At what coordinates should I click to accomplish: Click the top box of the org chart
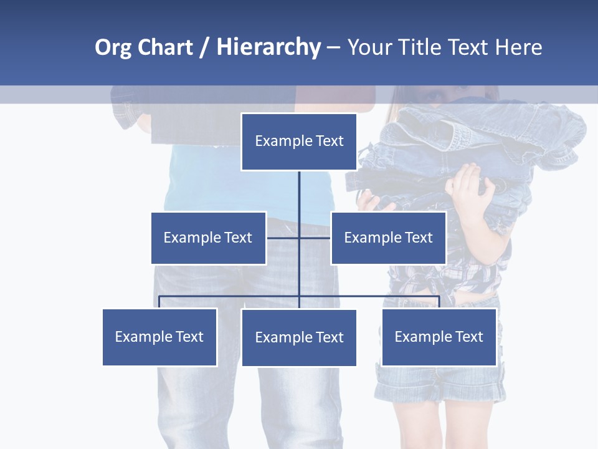tap(299, 142)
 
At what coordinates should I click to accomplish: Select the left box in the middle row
tap(208, 238)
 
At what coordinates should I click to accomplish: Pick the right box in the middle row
tap(388, 238)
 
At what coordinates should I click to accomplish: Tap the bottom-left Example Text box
tap(159, 337)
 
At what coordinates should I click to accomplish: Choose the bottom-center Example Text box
tap(299, 337)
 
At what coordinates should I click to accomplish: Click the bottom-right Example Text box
tap(439, 337)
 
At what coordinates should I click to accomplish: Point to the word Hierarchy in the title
tap(268, 47)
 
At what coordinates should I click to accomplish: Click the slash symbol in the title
tap(204, 47)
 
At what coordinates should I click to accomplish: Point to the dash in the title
tap(333, 47)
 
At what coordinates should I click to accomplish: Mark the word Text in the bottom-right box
tap(468, 337)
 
